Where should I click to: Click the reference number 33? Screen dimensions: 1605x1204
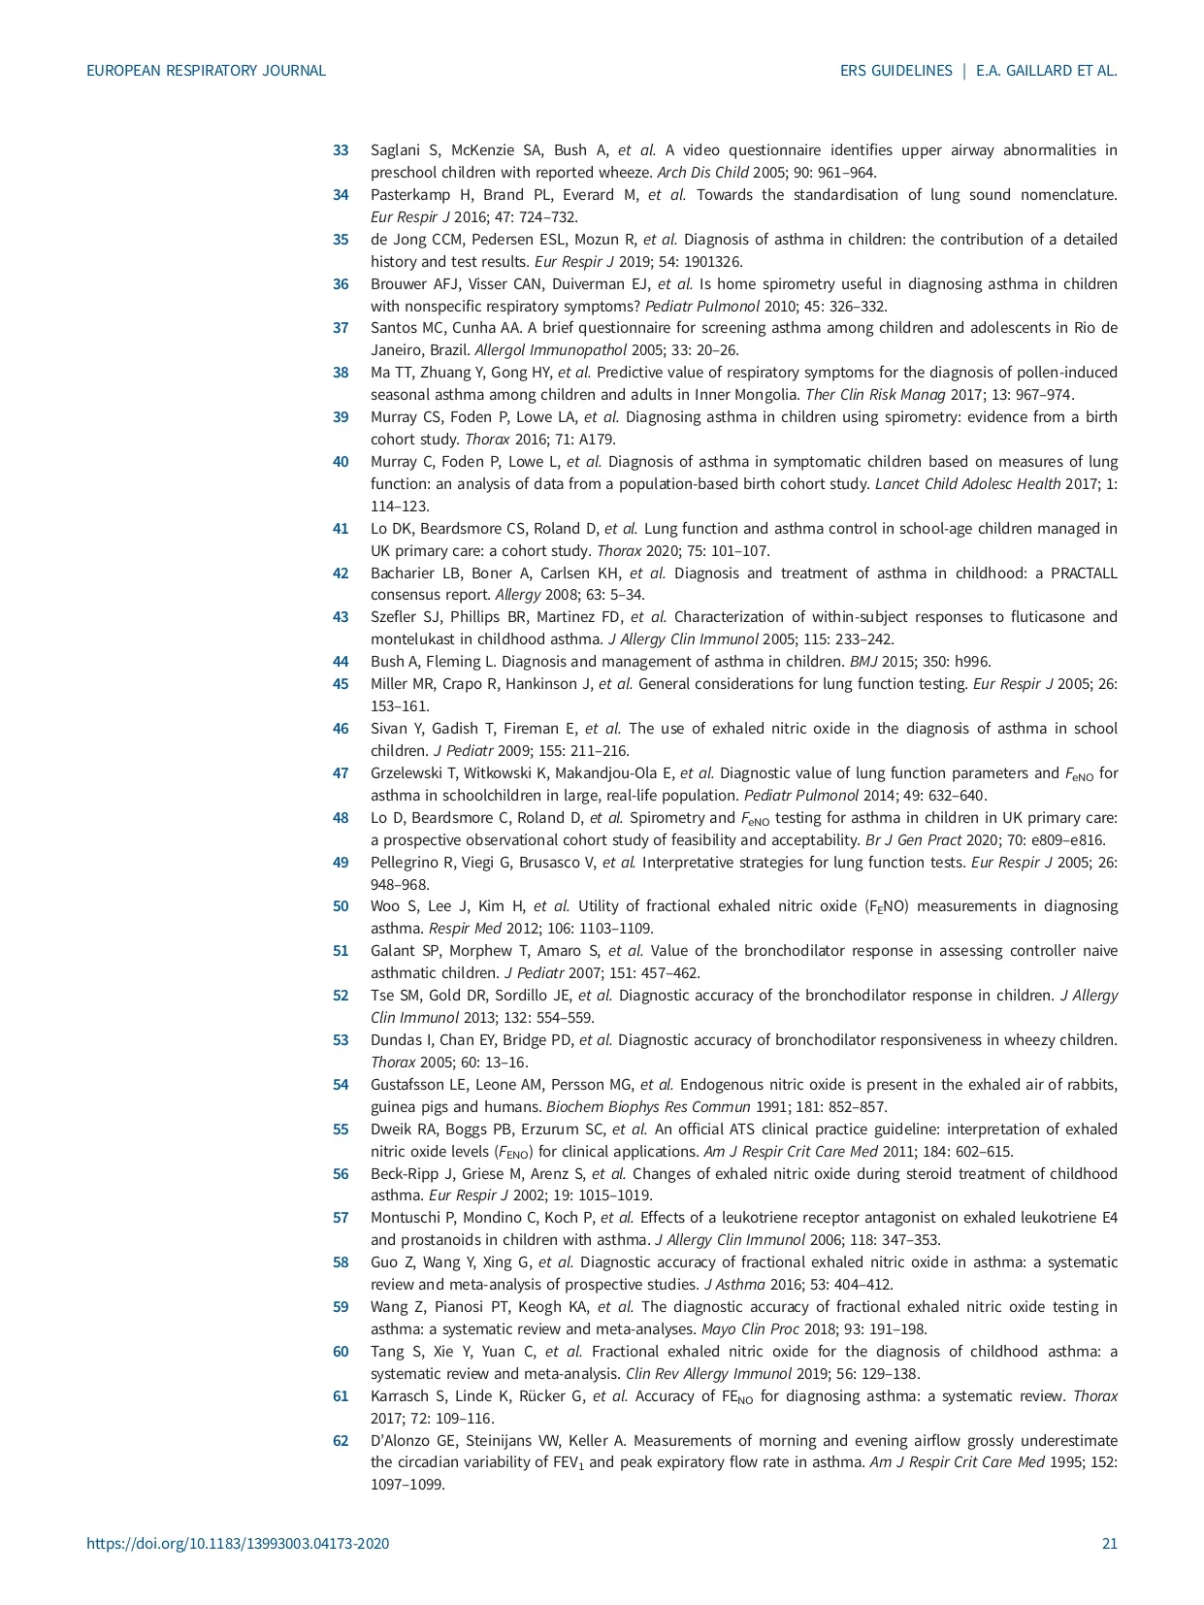341,150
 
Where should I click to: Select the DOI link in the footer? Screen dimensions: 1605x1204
238,1544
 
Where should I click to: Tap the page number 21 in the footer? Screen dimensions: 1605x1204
1109,1544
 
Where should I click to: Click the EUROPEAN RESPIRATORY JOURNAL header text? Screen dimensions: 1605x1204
206,71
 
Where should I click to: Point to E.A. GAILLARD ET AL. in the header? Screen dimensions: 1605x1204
1047,71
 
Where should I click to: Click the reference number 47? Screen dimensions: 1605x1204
341,773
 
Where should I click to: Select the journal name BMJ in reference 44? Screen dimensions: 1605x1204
862,662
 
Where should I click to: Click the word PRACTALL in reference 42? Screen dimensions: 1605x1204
1084,573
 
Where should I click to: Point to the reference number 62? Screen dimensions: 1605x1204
341,1441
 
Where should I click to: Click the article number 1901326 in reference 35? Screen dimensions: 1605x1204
709,262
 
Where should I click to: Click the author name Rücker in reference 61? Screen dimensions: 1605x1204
562,1396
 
